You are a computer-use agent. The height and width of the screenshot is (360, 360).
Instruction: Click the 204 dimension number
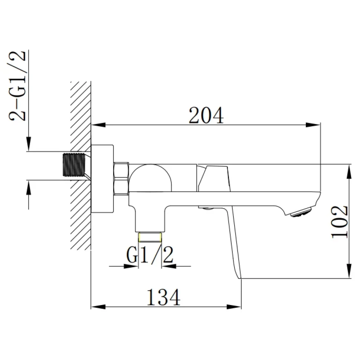click(x=206, y=115)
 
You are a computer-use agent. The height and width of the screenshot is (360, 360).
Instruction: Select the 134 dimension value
click(x=163, y=297)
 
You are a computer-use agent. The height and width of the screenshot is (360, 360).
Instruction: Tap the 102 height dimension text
click(x=340, y=222)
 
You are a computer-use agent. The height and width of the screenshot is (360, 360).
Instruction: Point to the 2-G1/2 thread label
click(x=17, y=85)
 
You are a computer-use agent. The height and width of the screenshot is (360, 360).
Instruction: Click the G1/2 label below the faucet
click(x=150, y=255)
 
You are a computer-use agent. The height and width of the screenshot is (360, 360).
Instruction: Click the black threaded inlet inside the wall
click(x=74, y=165)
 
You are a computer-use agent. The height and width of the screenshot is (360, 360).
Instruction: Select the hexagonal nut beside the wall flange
click(x=121, y=179)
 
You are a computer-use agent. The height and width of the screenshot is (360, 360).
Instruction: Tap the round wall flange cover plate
click(x=102, y=179)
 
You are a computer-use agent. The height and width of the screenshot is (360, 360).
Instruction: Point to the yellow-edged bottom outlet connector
click(x=150, y=237)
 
